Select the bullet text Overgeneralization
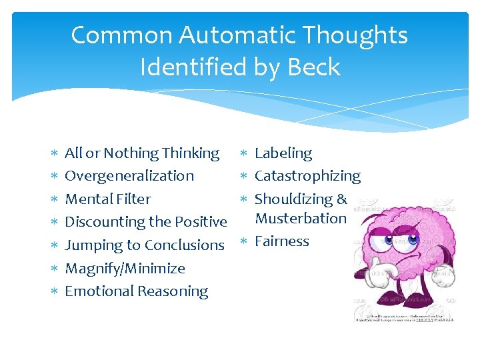[129, 176]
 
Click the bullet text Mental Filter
[107, 199]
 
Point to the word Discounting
[103, 221]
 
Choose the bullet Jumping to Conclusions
[144, 245]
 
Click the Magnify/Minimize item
[125, 268]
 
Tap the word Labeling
[283, 153]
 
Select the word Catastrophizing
[307, 176]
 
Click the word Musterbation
[301, 218]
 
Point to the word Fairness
[282, 241]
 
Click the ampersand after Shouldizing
[342, 199]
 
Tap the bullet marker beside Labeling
[244, 154]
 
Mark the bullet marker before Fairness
[244, 242]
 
